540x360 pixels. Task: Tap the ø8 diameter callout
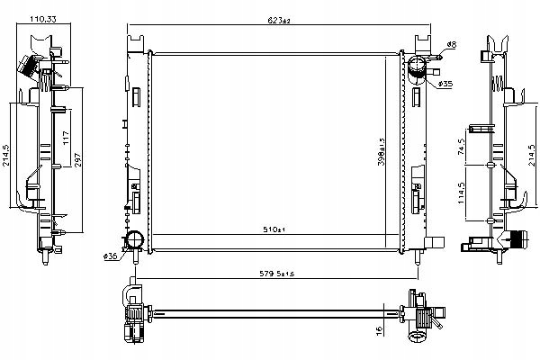[x=452, y=44]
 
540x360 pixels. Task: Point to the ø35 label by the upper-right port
[x=445, y=84]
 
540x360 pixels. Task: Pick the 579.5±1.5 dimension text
[x=275, y=274]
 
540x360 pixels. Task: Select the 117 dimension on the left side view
[x=66, y=138]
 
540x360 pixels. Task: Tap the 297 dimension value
[x=79, y=158]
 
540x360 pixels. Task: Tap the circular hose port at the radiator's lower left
[x=134, y=239]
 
